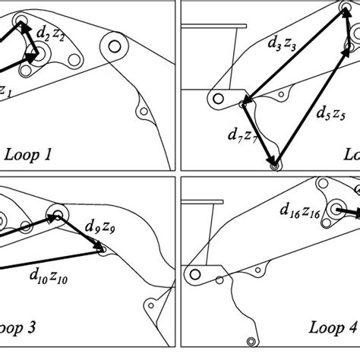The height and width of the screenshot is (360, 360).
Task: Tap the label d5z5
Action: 330,115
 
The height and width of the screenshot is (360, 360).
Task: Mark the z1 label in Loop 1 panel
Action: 6,90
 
